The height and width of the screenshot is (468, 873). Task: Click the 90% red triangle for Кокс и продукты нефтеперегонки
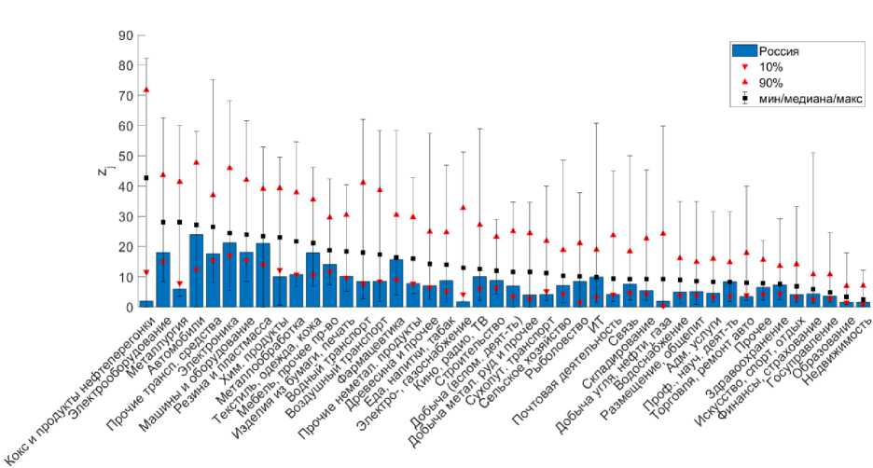(146, 89)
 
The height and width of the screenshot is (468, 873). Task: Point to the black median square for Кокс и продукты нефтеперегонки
(146, 178)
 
